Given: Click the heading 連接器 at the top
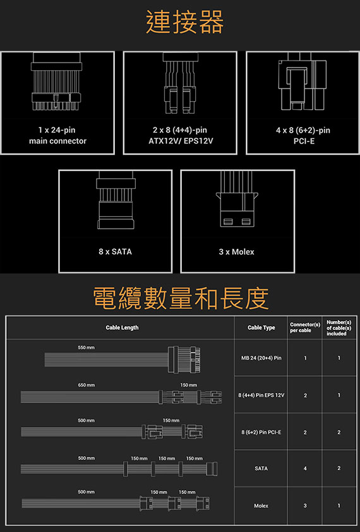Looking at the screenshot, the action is [x=184, y=22].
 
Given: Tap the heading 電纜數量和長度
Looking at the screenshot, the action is [x=181, y=298].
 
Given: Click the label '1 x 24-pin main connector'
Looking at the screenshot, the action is [x=57, y=135].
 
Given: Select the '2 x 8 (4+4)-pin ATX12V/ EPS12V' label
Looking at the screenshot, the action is [x=180, y=135].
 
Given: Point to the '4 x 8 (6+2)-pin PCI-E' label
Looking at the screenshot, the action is [x=303, y=135].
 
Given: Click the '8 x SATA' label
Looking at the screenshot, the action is [x=115, y=251].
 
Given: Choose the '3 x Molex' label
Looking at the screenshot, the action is [x=236, y=251].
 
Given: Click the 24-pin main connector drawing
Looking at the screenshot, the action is [x=56, y=82].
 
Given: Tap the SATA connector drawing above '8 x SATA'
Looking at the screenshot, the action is [x=116, y=200].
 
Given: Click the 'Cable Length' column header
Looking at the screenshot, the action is [x=122, y=328].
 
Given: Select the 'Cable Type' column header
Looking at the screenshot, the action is [x=261, y=328].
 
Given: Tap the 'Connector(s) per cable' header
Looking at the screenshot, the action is [x=304, y=328].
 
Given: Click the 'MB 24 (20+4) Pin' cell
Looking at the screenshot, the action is [x=261, y=358].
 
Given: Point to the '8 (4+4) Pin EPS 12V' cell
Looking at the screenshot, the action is [x=261, y=396].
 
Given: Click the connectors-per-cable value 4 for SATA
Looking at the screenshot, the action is [x=305, y=469].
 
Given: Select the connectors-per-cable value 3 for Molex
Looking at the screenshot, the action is [x=305, y=505].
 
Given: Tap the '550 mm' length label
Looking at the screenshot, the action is [x=86, y=348].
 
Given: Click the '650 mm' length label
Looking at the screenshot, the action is [x=86, y=385].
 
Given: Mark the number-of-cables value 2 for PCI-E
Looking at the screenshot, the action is [x=339, y=432].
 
